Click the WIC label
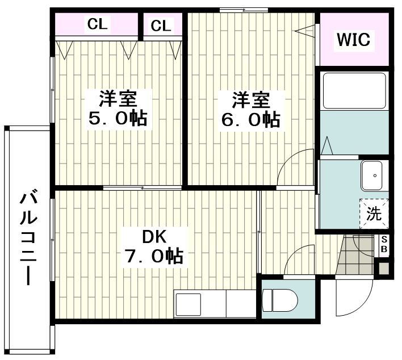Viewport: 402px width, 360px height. (353, 40)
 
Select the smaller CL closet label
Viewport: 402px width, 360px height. (161, 26)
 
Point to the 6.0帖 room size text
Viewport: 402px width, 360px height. (250, 119)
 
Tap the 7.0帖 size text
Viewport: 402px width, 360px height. (153, 257)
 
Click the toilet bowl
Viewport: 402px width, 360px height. (281, 299)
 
